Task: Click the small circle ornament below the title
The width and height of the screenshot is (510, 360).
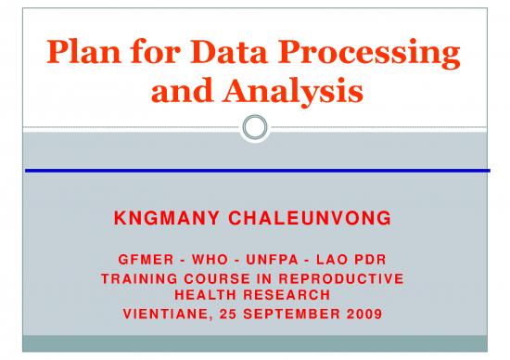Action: (x=255, y=127)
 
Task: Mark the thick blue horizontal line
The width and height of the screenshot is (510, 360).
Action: (x=255, y=171)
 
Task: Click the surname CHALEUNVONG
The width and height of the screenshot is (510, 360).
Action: (x=308, y=219)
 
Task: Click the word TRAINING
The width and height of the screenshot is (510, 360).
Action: (x=142, y=278)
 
